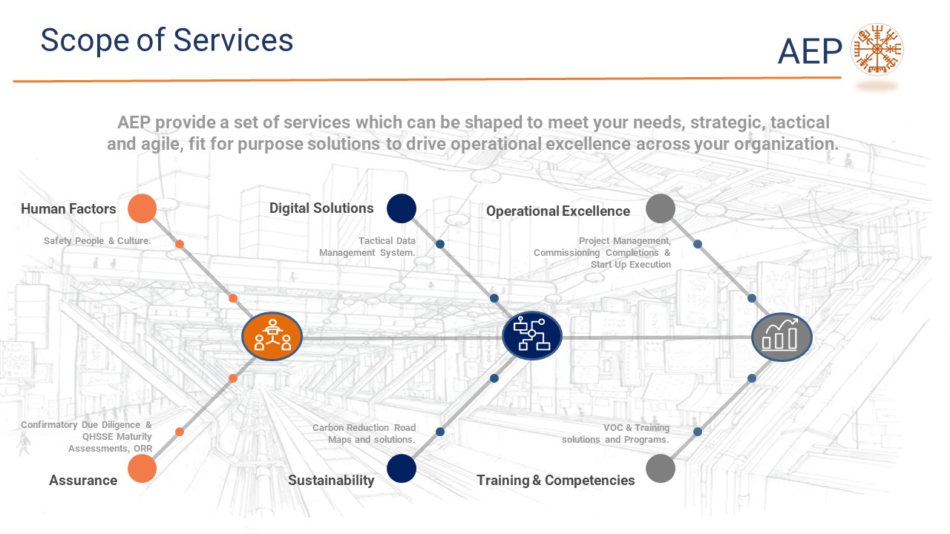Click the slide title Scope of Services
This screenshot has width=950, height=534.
coord(166,40)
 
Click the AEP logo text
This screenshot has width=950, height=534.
coord(810,51)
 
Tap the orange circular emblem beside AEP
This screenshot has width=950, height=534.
coord(877,50)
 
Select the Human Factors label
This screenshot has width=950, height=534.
coord(68,209)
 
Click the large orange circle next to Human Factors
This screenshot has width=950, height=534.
coord(142,208)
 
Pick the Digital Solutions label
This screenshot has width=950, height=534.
coord(321,208)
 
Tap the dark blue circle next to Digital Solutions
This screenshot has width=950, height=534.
coord(402,208)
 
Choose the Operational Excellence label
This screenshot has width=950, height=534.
coord(558,211)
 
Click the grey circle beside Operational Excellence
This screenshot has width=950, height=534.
coord(661,208)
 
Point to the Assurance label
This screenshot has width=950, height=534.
coord(83,481)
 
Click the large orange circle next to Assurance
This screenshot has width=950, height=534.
coord(142,469)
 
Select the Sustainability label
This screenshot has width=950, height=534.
coord(331,481)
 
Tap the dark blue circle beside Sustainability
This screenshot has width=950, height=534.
coord(402,469)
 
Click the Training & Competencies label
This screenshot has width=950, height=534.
coord(556,481)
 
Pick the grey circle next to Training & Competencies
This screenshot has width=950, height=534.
coord(661,469)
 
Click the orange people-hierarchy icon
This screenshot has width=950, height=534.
coord(272,336)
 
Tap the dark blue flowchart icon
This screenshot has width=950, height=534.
coord(531,335)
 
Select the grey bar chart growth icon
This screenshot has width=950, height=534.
coord(782,336)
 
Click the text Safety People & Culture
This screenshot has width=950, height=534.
coord(97,241)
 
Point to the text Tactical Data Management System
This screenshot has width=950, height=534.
coord(367,247)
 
